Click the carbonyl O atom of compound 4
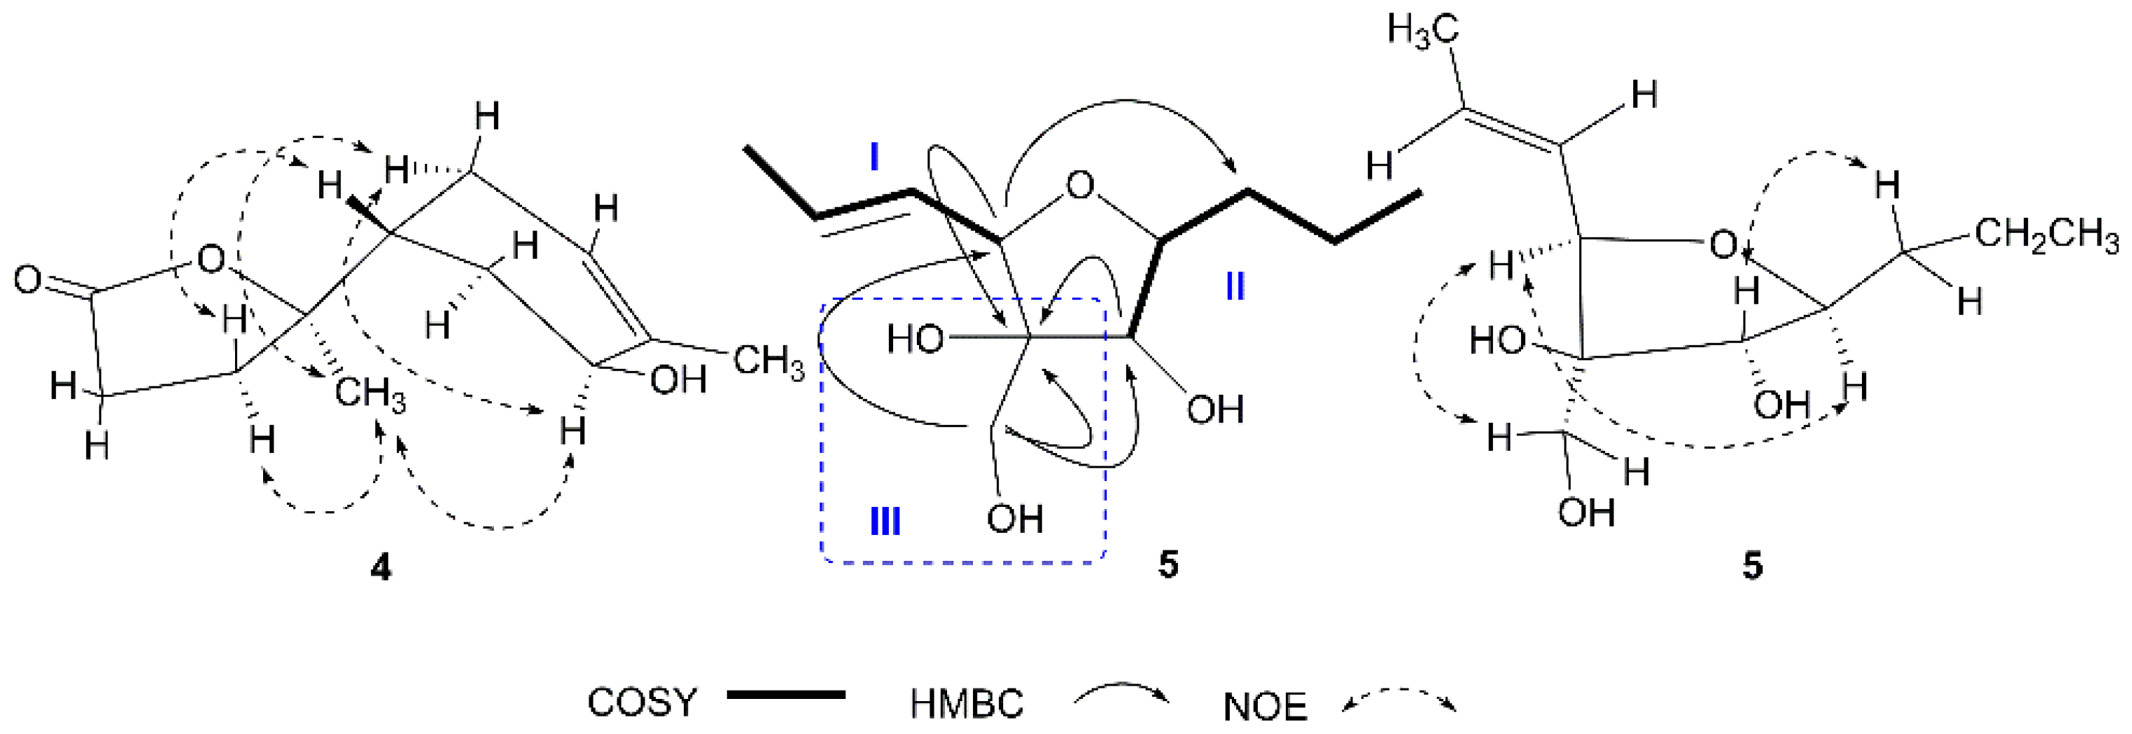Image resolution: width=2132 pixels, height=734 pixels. [x=27, y=280]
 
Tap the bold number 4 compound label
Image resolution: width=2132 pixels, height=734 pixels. [x=381, y=568]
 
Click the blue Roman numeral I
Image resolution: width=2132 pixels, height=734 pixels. [x=875, y=156]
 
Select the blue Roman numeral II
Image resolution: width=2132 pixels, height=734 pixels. [x=1235, y=288]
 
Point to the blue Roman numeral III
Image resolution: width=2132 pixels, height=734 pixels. [x=885, y=522]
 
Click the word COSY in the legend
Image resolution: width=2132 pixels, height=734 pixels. [x=641, y=703]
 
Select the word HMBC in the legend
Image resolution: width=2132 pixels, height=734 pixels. [x=967, y=705]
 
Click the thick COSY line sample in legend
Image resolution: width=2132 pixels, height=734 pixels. [x=786, y=695]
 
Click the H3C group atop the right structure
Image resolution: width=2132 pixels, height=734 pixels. [x=1422, y=33]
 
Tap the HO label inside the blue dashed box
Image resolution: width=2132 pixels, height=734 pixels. [x=916, y=340]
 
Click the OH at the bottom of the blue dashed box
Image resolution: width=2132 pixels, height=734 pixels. [x=1014, y=519]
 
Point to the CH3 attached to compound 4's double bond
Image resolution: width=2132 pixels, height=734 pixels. [x=769, y=362]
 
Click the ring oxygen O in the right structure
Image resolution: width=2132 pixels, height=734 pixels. [x=1723, y=245]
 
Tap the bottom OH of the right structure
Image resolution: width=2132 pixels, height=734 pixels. [x=1585, y=513]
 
